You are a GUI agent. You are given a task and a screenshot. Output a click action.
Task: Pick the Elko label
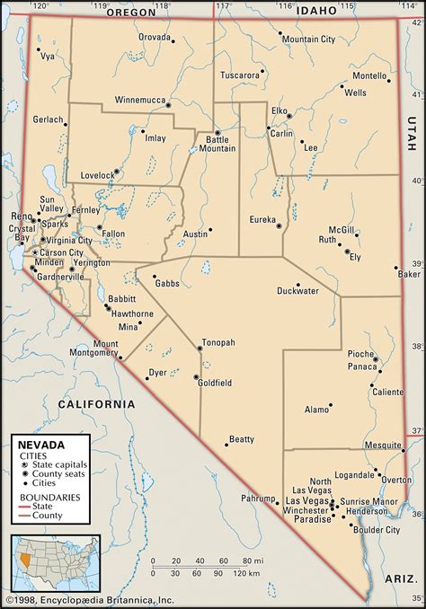click(280, 110)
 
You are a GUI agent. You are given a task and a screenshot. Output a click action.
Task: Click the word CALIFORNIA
click(96, 404)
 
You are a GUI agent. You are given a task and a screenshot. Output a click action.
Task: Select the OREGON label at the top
click(131, 13)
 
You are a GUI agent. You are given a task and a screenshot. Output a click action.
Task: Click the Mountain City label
click(308, 39)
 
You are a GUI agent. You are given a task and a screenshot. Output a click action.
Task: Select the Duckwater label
click(297, 290)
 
